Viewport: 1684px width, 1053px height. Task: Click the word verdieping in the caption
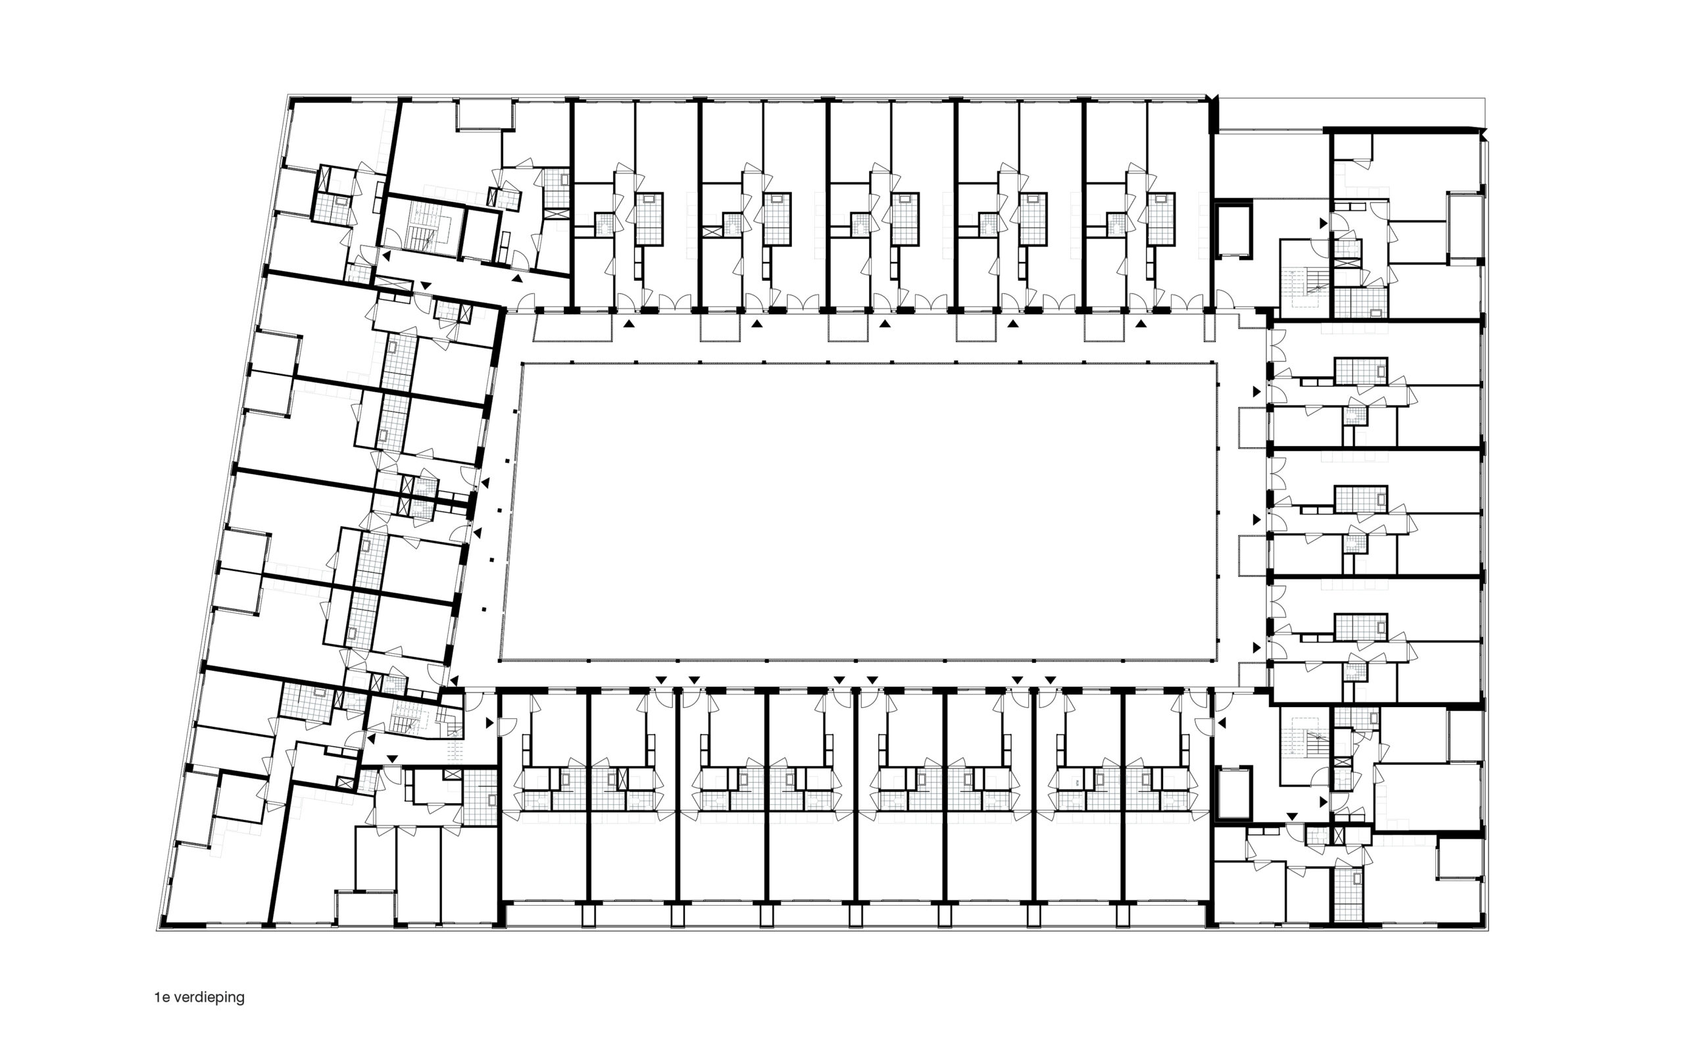tap(209, 997)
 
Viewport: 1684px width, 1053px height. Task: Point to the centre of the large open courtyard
tap(858, 511)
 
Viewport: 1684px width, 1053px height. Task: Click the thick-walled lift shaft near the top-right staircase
tap(1233, 230)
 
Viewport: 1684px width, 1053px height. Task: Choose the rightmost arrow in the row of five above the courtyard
tap(1140, 323)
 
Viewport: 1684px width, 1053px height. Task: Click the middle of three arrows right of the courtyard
tap(1256, 520)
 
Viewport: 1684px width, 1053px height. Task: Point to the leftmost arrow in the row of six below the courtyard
tap(660, 679)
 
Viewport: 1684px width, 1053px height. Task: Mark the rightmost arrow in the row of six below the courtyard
tap(1050, 679)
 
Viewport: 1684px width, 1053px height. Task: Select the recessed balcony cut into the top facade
tap(485, 114)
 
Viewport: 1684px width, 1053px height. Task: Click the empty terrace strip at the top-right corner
tap(1351, 114)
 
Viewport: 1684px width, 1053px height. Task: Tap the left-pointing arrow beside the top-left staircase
tap(385, 257)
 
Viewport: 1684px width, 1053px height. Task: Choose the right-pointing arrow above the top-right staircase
tap(1324, 223)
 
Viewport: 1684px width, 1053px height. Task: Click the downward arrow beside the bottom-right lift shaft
tap(1292, 816)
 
